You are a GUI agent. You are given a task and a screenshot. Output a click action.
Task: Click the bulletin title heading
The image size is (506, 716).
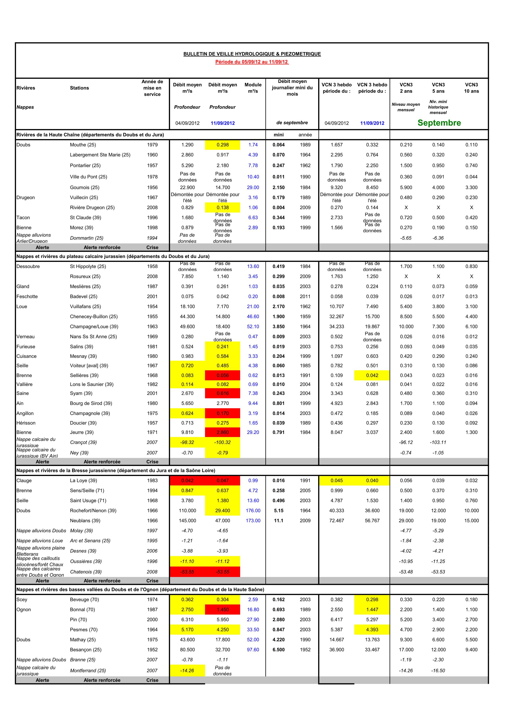tap(252, 54)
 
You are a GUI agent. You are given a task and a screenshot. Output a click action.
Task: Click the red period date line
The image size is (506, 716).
tap(252, 62)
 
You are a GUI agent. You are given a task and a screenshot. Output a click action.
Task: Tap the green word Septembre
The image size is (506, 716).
tap(439, 123)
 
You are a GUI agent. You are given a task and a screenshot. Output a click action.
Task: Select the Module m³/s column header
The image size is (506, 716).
tap(253, 88)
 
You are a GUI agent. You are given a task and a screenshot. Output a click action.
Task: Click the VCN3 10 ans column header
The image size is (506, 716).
tap(471, 88)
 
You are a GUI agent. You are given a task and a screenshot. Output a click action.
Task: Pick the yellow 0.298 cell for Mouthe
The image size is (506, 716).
tap(223, 145)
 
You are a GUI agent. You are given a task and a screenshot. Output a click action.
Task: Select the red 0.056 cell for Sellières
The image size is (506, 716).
tap(223, 376)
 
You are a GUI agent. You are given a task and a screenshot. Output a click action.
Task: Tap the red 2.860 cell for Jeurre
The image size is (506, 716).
tap(223, 432)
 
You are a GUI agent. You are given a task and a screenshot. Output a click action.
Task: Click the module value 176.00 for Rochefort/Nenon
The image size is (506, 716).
tap(253, 511)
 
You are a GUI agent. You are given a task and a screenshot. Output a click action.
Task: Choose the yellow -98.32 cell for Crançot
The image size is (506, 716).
tap(187, 442)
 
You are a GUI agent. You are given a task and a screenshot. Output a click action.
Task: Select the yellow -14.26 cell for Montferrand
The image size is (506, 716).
tap(187, 671)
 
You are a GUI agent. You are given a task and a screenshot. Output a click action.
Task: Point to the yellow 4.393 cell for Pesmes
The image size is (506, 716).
tap(372, 630)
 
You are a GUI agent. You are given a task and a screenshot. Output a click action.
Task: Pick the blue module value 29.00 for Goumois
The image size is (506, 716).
tap(253, 187)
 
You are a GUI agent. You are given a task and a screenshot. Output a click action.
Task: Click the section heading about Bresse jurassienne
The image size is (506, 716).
tap(116, 470)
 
